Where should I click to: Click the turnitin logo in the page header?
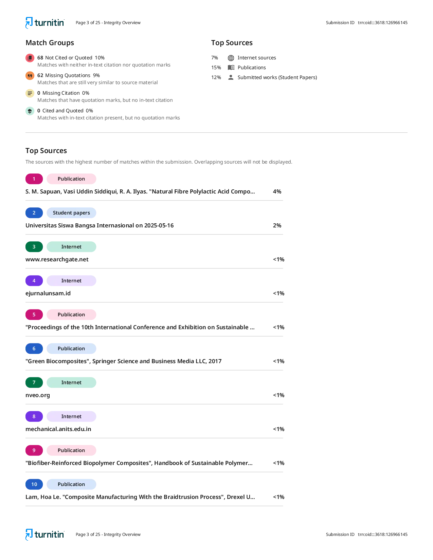(45, 23)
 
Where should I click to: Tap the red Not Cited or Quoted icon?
(30, 58)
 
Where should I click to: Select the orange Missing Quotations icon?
(30, 75)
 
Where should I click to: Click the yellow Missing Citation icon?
(30, 93)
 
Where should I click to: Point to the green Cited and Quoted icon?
(30, 111)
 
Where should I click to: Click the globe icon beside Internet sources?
(231, 58)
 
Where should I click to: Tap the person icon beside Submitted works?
(231, 77)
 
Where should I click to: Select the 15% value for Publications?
(216, 68)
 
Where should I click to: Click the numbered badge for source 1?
(34, 179)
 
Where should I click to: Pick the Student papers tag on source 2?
(71, 212)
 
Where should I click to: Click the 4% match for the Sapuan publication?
(277, 191)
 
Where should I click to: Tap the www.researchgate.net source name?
(57, 260)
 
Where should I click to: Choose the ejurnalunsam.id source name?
(48, 293)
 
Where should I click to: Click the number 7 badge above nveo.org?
(34, 382)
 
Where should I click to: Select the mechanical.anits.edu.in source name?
(58, 429)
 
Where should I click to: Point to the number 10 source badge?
(34, 484)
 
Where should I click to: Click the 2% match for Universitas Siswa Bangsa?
(277, 225)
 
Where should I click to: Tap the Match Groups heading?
(50, 43)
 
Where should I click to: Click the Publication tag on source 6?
(71, 349)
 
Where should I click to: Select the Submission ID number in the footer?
(382, 534)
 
